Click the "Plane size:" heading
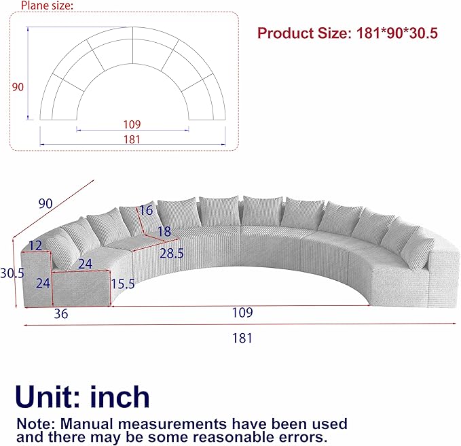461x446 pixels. coord(47,5)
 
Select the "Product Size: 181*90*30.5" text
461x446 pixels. coord(348,33)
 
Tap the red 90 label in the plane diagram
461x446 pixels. coord(18,87)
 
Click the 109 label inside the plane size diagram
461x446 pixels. coord(132,124)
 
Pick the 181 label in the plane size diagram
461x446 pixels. coord(132,139)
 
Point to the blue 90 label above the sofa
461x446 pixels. coord(45,204)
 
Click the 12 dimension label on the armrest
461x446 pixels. coord(35,246)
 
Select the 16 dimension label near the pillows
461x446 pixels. coord(146,211)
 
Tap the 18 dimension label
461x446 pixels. coord(164,231)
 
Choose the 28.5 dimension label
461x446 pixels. coord(172,253)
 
